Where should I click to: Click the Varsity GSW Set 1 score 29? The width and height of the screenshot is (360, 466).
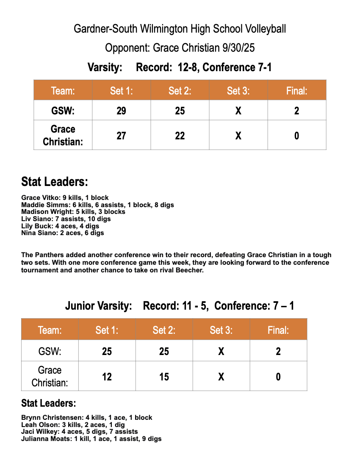pyautogui.click(x=121, y=111)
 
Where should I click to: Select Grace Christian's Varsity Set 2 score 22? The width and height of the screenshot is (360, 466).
pyautogui.click(x=180, y=136)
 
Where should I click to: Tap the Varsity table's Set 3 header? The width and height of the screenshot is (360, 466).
pyautogui.click(x=238, y=91)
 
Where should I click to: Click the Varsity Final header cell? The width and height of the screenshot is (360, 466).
pyautogui.click(x=296, y=91)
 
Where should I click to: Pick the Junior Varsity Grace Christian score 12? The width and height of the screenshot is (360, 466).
pyautogui.click(x=107, y=376)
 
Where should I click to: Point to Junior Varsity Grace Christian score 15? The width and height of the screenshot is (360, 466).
pyautogui.click(x=164, y=376)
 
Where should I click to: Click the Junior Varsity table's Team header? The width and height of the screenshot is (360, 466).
pyautogui.click(x=50, y=330)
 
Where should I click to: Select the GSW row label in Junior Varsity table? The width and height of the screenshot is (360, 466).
pyautogui.click(x=50, y=351)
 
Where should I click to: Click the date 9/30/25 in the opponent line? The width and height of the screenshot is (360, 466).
pyautogui.click(x=238, y=48)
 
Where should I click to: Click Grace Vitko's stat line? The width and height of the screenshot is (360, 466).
pyautogui.click(x=65, y=197)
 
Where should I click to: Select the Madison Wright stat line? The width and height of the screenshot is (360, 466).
pyautogui.click(x=73, y=211)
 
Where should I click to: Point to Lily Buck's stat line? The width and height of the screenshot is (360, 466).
pyautogui.click(x=60, y=226)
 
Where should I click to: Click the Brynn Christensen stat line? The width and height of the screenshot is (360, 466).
pyautogui.click(x=86, y=417)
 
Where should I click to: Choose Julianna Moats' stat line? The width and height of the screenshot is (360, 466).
pyautogui.click(x=91, y=439)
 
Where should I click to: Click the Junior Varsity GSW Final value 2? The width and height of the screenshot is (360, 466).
pyautogui.click(x=278, y=351)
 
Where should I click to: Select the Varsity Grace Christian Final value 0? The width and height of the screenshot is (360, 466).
pyautogui.click(x=296, y=136)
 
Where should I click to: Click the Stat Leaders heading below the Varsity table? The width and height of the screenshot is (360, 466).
pyautogui.click(x=55, y=182)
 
